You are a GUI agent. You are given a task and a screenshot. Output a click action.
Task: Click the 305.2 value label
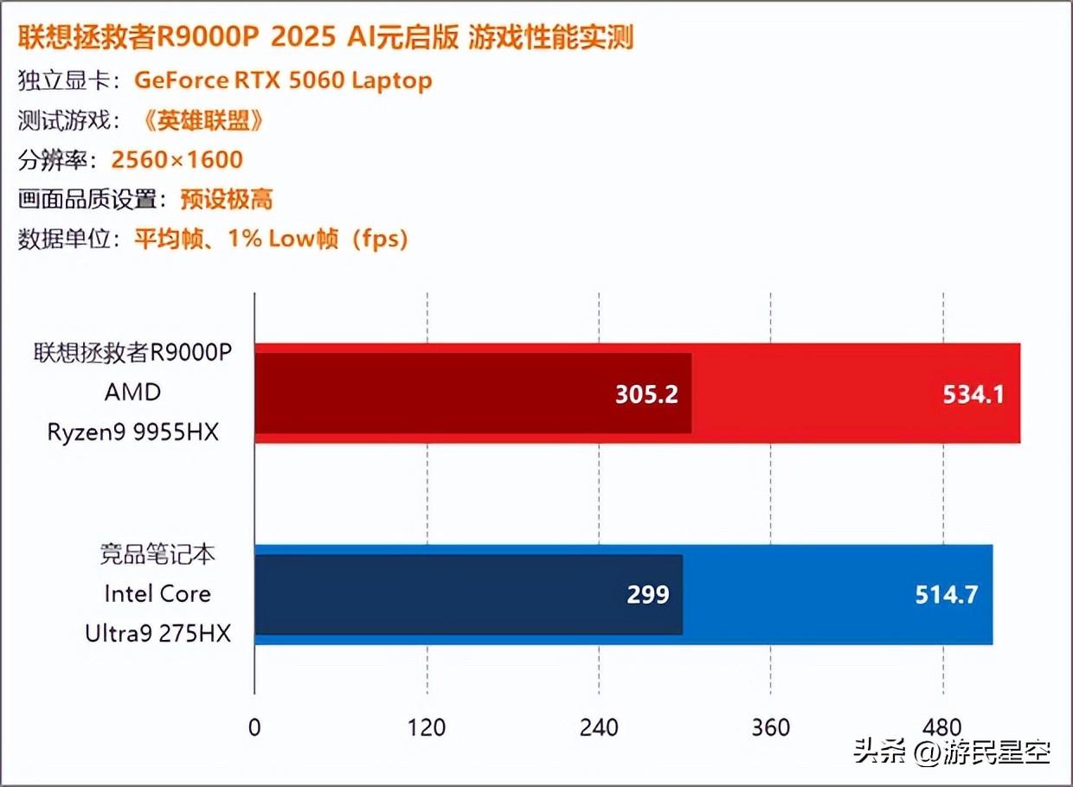click(x=646, y=394)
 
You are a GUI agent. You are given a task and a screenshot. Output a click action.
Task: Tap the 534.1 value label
click(x=973, y=394)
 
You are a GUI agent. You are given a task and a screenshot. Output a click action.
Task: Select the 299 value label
click(x=648, y=595)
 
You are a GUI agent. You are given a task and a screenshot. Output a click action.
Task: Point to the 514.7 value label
click(x=947, y=595)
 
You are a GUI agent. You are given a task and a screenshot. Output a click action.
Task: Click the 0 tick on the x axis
click(x=254, y=727)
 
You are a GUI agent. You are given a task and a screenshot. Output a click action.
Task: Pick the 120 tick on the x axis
click(x=427, y=727)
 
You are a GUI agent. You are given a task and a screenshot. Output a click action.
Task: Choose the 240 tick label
click(x=599, y=727)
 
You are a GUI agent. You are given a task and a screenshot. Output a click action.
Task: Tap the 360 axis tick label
click(x=771, y=727)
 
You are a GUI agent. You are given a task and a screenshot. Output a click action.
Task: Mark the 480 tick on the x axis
click(x=943, y=727)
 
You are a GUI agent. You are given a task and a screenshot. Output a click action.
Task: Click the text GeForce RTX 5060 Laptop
click(x=283, y=80)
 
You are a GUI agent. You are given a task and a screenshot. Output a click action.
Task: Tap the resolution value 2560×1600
click(x=177, y=160)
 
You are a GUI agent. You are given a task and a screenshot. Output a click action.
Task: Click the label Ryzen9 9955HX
click(x=133, y=432)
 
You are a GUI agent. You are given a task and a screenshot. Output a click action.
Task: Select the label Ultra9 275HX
click(x=158, y=633)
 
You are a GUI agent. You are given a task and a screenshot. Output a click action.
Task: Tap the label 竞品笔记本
click(x=157, y=554)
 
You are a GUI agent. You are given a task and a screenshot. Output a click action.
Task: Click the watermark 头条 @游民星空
click(x=952, y=752)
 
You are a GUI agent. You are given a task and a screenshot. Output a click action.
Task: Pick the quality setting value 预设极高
click(x=227, y=200)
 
